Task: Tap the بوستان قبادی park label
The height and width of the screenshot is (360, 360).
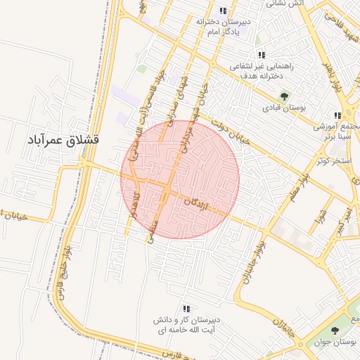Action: point(282,108)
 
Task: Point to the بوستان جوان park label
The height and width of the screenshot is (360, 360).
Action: point(335,342)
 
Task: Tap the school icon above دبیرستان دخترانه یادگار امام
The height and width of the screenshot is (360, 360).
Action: point(223,11)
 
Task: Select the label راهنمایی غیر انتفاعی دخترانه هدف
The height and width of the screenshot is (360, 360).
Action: point(262,69)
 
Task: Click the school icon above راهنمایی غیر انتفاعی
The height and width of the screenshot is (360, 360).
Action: point(262,55)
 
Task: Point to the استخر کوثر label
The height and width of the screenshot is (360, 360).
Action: point(333,161)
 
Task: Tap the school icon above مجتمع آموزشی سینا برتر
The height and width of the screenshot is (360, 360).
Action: point(337,115)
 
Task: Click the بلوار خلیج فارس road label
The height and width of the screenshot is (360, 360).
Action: point(66,269)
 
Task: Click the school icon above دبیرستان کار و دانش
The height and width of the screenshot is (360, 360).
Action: point(186,308)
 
